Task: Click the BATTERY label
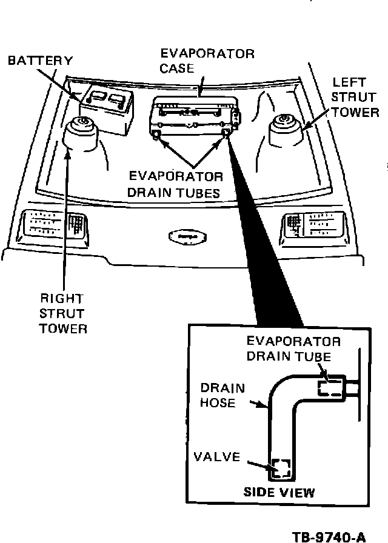click(40, 61)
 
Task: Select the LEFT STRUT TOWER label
click(356, 96)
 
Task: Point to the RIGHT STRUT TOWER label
click(63, 313)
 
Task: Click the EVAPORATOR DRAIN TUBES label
click(176, 185)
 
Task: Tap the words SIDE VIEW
click(279, 492)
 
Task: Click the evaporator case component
click(193, 115)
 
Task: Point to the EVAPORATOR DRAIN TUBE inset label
click(293, 348)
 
